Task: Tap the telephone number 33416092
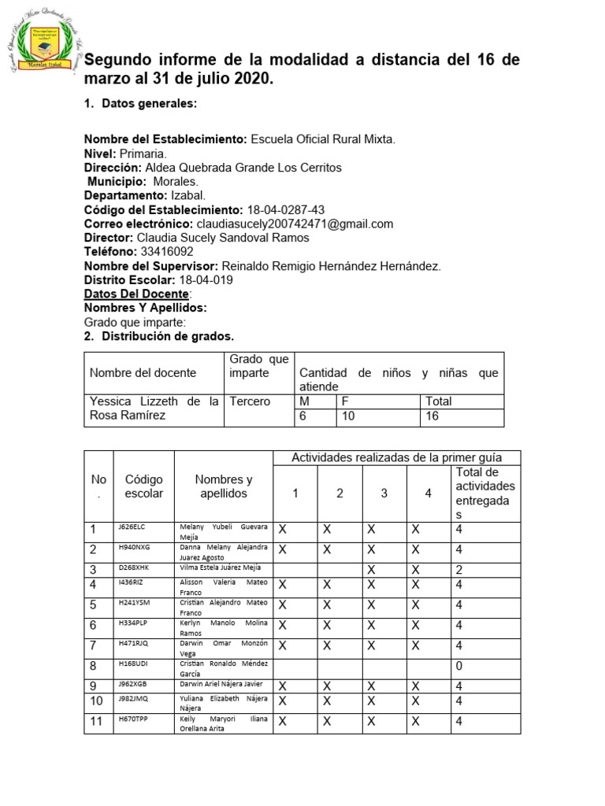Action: pyautogui.click(x=166, y=252)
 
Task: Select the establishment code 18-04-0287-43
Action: pyautogui.click(x=285, y=209)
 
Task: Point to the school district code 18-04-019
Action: pyautogui.click(x=206, y=280)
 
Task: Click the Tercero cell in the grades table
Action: pyautogui.click(x=250, y=401)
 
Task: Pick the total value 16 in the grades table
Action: pyautogui.click(x=433, y=416)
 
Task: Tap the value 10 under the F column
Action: pyautogui.click(x=348, y=416)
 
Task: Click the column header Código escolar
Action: pyautogui.click(x=143, y=486)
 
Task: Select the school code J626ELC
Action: pyautogui.click(x=132, y=527)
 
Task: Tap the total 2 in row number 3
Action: pyautogui.click(x=459, y=569)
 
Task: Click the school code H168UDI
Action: pyautogui.click(x=133, y=664)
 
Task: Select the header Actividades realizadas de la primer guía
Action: pyautogui.click(x=396, y=457)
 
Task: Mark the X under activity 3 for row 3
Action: pyautogui.click(x=371, y=569)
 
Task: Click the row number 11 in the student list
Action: pyautogui.click(x=97, y=722)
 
